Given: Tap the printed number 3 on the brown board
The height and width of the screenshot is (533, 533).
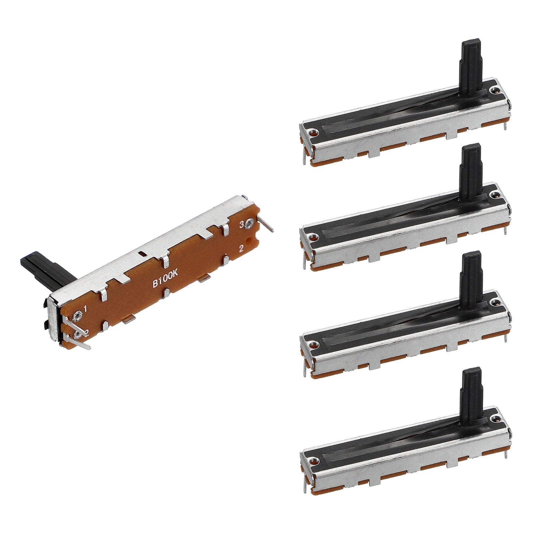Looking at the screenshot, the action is tap(242, 225).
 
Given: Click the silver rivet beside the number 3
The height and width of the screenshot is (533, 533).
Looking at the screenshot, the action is tap(250, 225).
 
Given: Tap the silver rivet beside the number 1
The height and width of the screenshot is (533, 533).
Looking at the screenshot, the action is tap(78, 315).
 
